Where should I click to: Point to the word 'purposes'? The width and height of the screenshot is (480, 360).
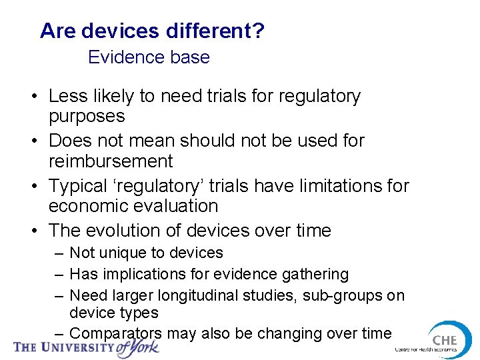[x=87, y=116]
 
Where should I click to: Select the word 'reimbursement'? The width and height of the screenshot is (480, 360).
[x=111, y=161]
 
